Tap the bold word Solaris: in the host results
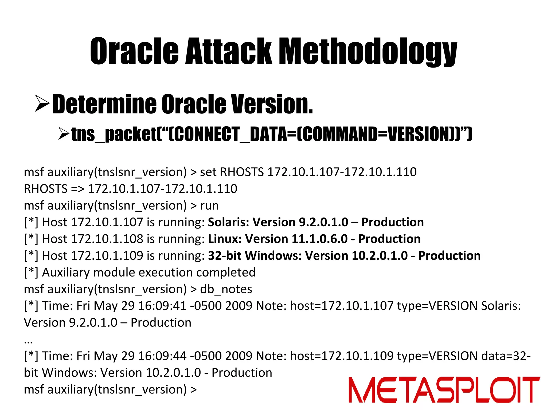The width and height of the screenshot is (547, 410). (228, 222)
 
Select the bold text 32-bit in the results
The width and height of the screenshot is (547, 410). (225, 256)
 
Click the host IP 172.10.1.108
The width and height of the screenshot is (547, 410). (107, 239)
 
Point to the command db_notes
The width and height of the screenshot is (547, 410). (226, 289)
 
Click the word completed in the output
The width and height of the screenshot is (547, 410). (226, 273)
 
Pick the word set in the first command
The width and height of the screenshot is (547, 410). (208, 172)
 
